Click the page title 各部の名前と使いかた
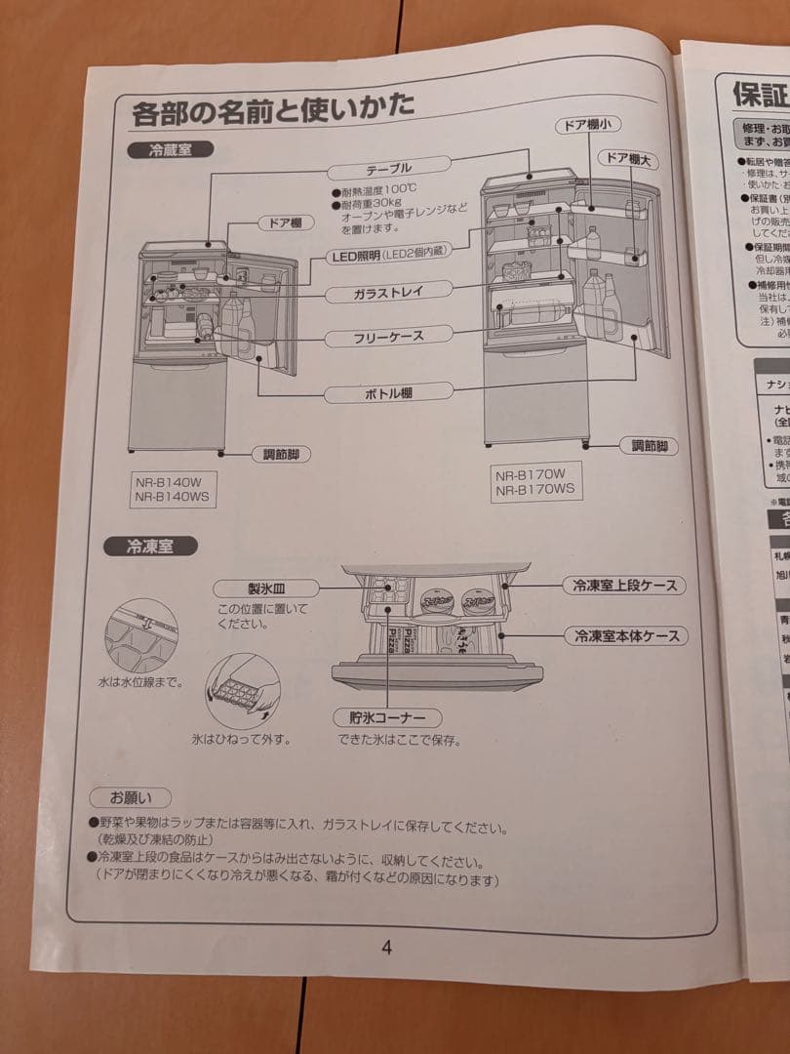point(272,108)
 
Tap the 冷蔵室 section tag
point(170,150)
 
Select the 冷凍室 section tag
point(148,547)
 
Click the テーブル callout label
point(388,168)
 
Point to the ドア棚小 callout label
point(588,126)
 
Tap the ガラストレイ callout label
point(389,291)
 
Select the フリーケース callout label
point(388,338)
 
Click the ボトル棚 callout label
point(389,393)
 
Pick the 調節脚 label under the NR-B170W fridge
point(649,446)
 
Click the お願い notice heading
point(130,798)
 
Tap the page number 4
point(386,948)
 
